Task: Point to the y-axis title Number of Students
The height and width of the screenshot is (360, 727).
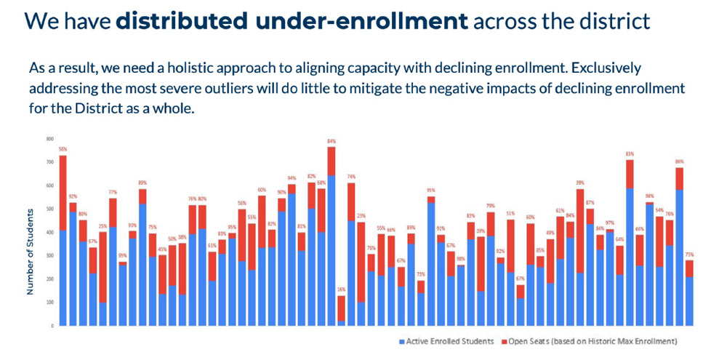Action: click(31, 252)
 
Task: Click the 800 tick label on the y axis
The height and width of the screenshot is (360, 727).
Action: click(50, 139)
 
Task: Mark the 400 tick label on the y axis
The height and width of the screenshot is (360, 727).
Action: click(50, 232)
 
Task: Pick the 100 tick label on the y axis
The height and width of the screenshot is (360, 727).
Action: click(50, 302)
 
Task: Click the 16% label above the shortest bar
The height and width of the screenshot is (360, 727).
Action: click(341, 289)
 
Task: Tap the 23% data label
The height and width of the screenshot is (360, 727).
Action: click(361, 216)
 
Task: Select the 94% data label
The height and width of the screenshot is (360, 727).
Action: click(292, 178)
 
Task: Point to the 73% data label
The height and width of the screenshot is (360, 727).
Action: click(420, 273)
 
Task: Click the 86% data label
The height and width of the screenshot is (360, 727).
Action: click(680, 161)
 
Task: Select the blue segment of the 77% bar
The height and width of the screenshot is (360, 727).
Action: click(113, 276)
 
